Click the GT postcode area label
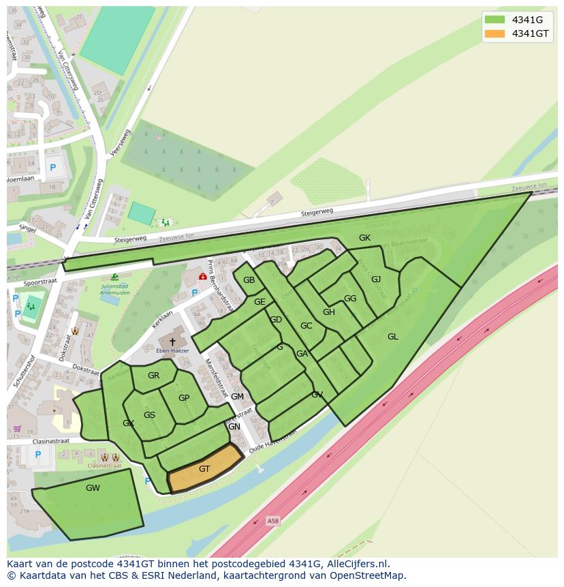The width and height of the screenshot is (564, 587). click(204, 469)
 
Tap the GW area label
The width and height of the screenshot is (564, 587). click(93, 488)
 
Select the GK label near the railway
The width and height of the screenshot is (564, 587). click(364, 238)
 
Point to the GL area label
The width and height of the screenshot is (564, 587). click(393, 336)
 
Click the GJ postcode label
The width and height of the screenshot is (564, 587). click(376, 279)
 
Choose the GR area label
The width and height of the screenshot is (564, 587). click(153, 376)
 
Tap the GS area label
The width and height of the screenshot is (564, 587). click(149, 415)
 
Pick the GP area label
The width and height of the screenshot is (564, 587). click(184, 398)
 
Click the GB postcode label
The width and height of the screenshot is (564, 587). click(249, 280)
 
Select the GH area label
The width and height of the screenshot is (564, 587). click(329, 312)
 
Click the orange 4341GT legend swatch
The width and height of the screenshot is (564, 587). click(495, 33)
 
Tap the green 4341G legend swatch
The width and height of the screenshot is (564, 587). click(495, 19)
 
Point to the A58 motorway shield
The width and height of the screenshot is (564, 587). click(273, 521)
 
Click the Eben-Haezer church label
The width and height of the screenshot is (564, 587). click(172, 352)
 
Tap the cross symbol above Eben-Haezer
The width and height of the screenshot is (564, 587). click(172, 341)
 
